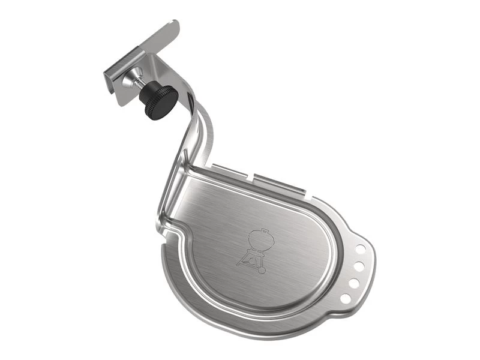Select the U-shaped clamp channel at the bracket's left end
111,74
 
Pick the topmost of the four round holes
361,247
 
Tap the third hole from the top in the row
353,281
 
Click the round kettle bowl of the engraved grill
260,241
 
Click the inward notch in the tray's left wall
175,227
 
